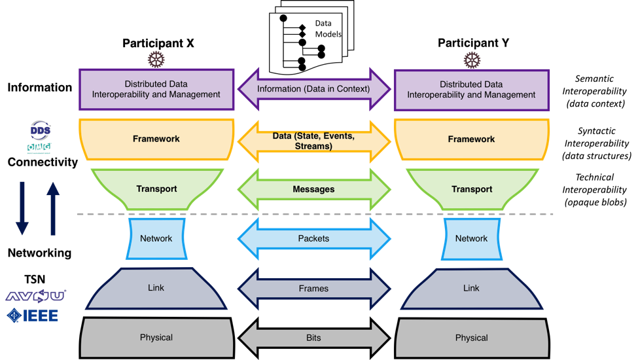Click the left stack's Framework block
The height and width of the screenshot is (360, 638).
point(156,139)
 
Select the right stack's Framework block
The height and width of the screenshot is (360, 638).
point(471,139)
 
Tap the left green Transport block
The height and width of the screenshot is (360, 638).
point(156,189)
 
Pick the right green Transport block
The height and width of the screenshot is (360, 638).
point(471,189)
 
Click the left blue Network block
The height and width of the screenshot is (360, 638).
point(156,239)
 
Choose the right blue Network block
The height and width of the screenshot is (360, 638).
point(471,239)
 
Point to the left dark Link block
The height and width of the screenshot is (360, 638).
point(156,289)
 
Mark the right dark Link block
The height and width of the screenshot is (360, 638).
point(471,289)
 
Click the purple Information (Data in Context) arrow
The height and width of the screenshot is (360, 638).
point(313,89)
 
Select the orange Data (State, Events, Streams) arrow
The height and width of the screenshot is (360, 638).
point(313,141)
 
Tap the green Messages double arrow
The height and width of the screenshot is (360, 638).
point(313,189)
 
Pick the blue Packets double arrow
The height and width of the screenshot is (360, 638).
point(313,239)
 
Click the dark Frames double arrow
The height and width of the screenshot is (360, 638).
point(313,289)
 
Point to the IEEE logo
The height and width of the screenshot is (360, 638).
point(33,315)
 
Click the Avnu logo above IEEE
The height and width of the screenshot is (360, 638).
point(35,296)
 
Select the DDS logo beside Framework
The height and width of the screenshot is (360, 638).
point(39,129)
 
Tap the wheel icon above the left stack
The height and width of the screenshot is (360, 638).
point(156,60)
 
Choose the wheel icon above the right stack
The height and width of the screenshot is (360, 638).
point(472,60)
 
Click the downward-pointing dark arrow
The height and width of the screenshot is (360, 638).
point(22,207)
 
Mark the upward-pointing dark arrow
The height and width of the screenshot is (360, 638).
point(53,207)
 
